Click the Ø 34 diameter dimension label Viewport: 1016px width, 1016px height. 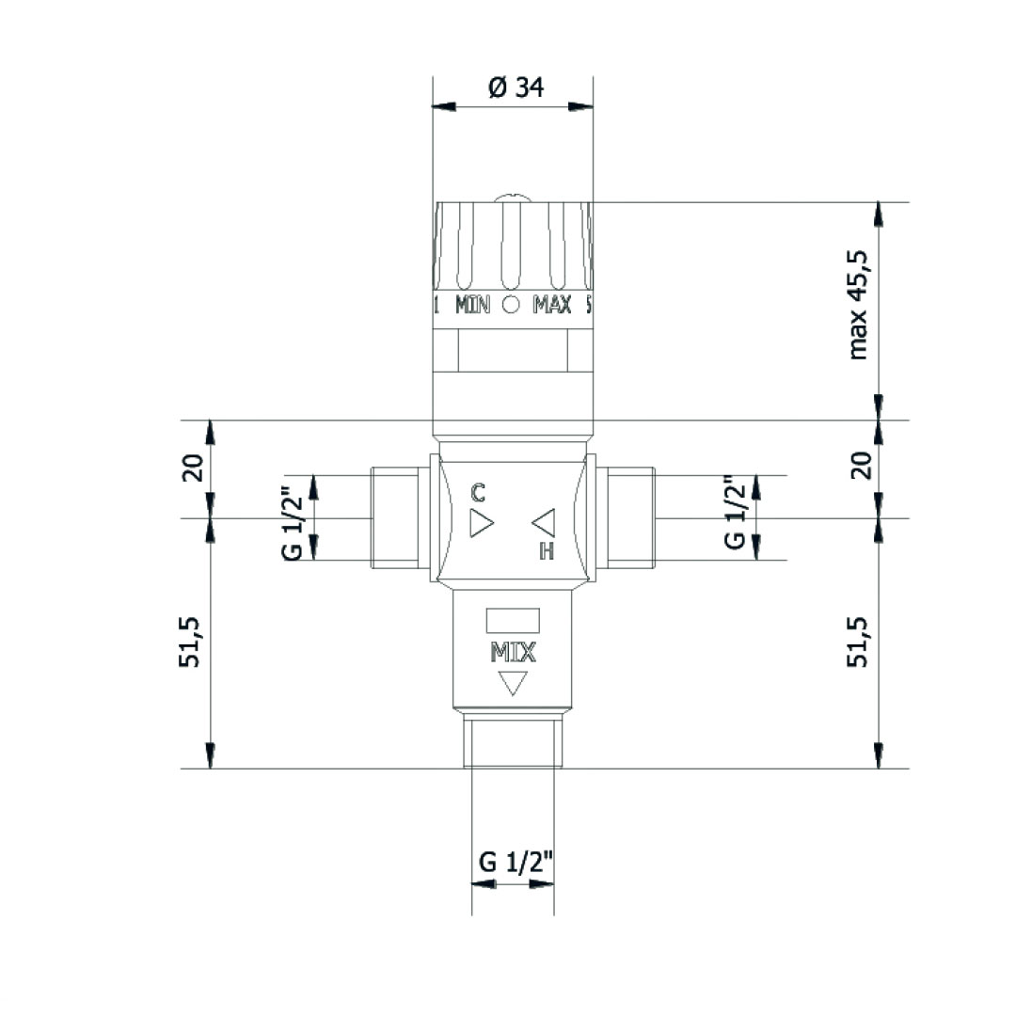pyautogui.click(x=516, y=87)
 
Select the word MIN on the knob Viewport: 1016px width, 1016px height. pyautogui.click(x=473, y=305)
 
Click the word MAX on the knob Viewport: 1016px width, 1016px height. pyautogui.click(x=552, y=305)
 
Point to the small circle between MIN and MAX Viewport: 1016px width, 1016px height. pyautogui.click(x=512, y=305)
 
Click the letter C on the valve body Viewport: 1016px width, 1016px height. pyautogui.click(x=478, y=491)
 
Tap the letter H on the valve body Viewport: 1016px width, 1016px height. pyautogui.click(x=546, y=551)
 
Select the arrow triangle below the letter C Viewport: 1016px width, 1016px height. pyautogui.click(x=481, y=523)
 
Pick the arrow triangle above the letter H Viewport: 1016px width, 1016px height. pyautogui.click(x=545, y=521)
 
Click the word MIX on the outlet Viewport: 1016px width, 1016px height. pyautogui.click(x=513, y=652)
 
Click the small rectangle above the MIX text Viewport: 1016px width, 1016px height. pyautogui.click(x=513, y=621)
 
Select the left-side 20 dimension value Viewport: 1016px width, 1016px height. pyautogui.click(x=192, y=468)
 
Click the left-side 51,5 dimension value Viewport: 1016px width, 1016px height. pyautogui.click(x=192, y=643)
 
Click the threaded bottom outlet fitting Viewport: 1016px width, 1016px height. pyautogui.click(x=513, y=741)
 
